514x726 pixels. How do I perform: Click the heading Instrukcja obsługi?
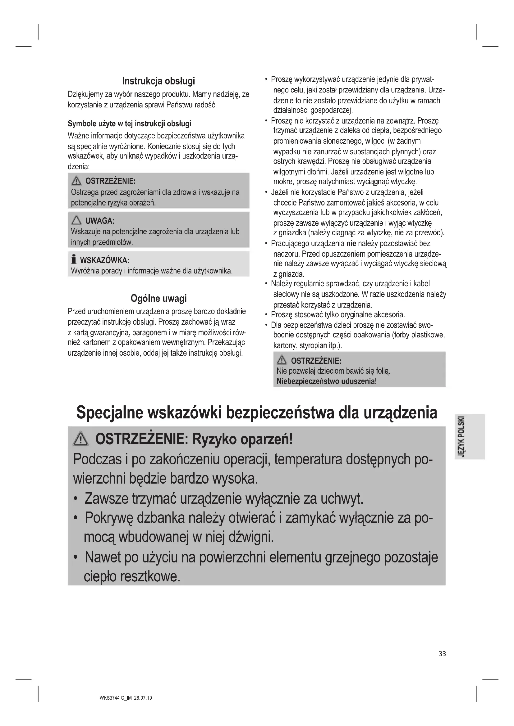158,81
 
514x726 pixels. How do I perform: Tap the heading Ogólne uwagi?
158,298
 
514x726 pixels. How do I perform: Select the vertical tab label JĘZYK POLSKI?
462,436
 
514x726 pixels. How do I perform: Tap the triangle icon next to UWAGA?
76,220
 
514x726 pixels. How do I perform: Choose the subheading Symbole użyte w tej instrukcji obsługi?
130,123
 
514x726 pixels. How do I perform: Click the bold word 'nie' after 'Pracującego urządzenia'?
351,243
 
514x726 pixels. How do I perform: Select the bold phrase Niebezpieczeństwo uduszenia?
327,381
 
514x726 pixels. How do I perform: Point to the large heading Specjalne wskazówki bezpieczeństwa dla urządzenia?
257,413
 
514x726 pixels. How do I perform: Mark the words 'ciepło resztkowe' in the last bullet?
132,576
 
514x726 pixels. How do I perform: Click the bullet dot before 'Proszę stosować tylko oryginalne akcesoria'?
267,315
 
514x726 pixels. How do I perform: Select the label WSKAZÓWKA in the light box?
104,260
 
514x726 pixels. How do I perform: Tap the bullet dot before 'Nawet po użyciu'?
75,557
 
